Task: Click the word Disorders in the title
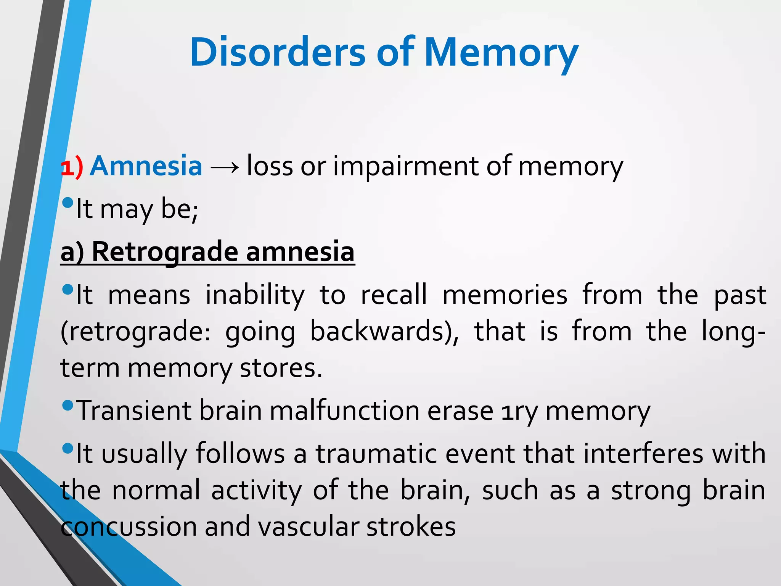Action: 277,52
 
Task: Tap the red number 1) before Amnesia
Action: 72,167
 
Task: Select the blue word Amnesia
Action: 146,166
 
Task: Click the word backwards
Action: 384,331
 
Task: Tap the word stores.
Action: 281,369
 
